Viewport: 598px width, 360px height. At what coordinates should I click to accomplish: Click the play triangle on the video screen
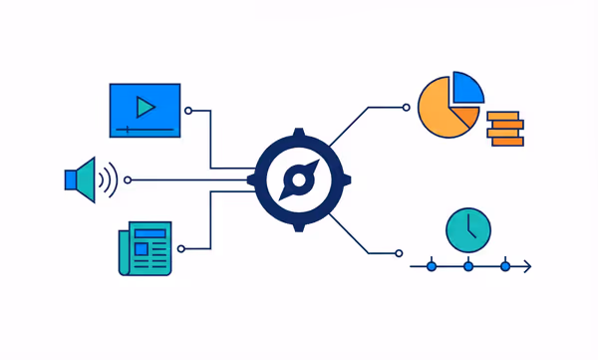click(146, 106)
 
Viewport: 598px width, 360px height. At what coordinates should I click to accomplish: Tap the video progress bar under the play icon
click(146, 129)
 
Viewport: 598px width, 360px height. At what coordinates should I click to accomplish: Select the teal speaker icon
click(83, 180)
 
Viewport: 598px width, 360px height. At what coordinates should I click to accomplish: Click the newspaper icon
click(145, 248)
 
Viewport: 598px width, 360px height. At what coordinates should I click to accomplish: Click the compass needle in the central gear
click(297, 180)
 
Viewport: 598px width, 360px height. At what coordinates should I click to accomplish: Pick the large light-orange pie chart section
click(440, 109)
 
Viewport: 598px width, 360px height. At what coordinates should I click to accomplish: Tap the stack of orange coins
click(504, 129)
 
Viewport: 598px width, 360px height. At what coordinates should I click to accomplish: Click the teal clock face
click(468, 229)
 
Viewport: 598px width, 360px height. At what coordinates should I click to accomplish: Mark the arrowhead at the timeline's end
click(527, 266)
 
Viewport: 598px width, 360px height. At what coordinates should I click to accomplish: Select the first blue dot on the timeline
click(432, 266)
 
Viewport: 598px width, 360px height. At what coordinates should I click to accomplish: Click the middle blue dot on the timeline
click(468, 266)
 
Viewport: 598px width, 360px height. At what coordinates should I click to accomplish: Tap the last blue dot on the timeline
click(505, 266)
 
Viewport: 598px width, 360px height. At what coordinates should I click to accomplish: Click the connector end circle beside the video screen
click(188, 111)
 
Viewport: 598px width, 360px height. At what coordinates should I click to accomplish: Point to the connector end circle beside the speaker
click(127, 180)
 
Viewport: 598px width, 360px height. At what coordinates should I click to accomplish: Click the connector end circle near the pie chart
click(406, 107)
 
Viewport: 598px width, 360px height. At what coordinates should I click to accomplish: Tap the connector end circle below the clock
click(399, 253)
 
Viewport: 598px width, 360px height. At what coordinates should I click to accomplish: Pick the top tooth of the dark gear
click(297, 135)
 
